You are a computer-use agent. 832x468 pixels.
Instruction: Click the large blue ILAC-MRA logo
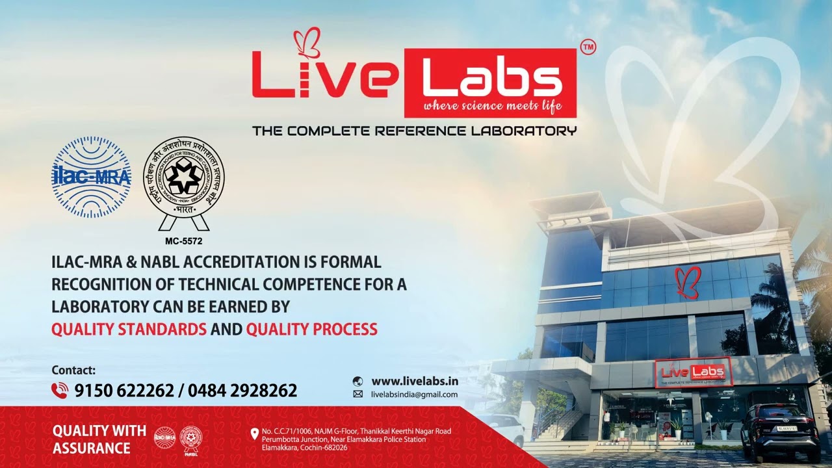tap(92, 177)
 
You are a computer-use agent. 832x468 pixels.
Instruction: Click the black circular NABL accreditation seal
tap(184, 177)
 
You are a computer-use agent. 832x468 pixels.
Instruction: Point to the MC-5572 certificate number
tap(184, 241)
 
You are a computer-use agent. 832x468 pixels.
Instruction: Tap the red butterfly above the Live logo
tap(307, 42)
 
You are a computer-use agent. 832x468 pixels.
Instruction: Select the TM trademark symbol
tap(588, 47)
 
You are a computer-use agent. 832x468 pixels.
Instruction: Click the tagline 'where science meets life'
tap(491, 106)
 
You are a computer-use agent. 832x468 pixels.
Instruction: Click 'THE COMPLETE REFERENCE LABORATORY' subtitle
tap(414, 131)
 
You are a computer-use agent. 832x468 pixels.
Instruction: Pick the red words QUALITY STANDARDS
tap(129, 329)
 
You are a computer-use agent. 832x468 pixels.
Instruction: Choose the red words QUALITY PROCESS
tap(311, 329)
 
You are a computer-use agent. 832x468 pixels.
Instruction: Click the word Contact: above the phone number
tap(73, 370)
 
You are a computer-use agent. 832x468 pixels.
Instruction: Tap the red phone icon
tap(60, 390)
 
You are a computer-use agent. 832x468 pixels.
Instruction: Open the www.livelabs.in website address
tap(414, 381)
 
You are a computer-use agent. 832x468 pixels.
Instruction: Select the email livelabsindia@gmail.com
tap(414, 395)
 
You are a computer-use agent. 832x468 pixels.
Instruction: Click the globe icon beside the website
tap(357, 382)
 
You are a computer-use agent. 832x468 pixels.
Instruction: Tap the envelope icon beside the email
tap(357, 395)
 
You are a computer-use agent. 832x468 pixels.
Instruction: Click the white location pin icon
tap(254, 434)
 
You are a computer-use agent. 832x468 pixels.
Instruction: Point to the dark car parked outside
tap(779, 431)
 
